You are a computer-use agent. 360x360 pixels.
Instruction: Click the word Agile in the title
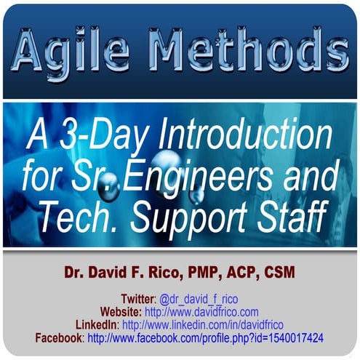[76, 52]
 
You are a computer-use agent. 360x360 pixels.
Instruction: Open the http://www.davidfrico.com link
[201, 312]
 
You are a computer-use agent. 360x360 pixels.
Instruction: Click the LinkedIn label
[97, 325]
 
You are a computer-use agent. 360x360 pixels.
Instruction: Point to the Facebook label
[60, 338]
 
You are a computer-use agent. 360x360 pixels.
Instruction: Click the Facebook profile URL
[206, 338]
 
